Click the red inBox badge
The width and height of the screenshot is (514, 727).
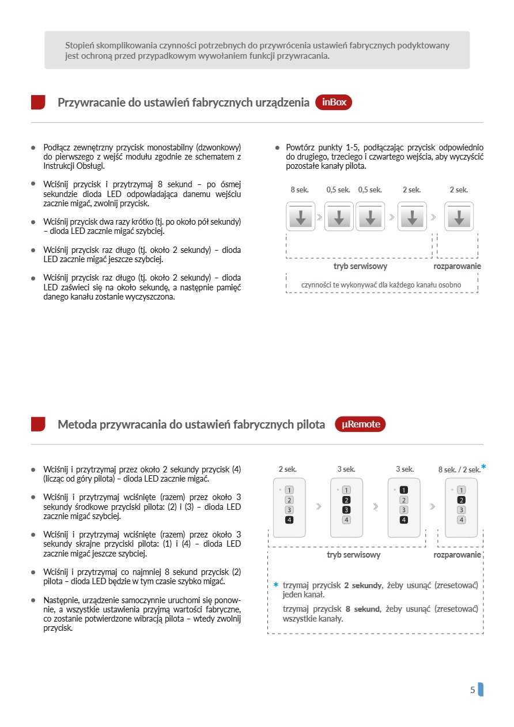[x=334, y=103]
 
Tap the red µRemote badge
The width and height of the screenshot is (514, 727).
[x=360, y=425]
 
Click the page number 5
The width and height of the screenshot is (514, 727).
[x=473, y=690]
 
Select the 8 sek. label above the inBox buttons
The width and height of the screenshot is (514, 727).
[x=300, y=190]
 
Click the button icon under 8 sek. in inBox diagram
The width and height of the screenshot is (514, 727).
[x=301, y=217]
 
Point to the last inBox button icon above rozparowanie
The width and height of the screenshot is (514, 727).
[x=459, y=217]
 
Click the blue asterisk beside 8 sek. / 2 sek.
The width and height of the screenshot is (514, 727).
[x=483, y=467]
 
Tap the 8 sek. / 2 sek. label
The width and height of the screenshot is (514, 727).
[x=459, y=469]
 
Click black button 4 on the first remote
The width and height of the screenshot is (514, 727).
[x=289, y=520]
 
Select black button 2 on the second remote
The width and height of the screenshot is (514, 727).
[x=346, y=500]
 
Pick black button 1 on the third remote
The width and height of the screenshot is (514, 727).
[x=404, y=490]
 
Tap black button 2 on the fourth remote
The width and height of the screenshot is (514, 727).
[x=461, y=500]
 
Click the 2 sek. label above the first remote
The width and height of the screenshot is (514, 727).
[x=288, y=469]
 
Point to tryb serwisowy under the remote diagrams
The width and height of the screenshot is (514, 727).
[x=353, y=555]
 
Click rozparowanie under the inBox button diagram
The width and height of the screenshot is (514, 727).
[x=457, y=266]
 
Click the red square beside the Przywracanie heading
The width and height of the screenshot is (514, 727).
[x=38, y=103]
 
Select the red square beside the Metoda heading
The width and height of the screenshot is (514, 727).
[x=38, y=425]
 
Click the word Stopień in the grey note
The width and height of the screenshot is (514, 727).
[x=78, y=45]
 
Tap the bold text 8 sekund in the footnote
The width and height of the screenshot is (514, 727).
[x=362, y=609]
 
